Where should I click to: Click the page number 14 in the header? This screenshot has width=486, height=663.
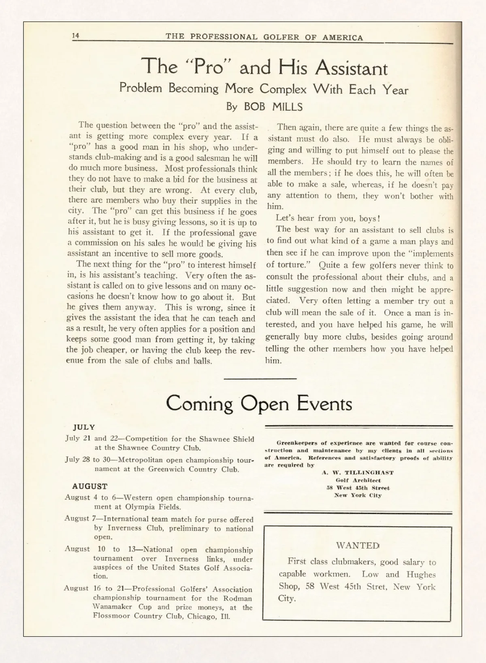point(75,36)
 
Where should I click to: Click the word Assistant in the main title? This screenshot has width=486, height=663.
point(351,68)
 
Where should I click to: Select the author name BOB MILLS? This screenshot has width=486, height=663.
point(273,106)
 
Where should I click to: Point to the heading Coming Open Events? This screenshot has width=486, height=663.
point(259,403)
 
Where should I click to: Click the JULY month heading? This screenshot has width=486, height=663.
point(84,427)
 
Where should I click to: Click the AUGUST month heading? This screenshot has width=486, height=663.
point(90,486)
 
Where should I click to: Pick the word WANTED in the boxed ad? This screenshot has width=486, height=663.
point(357,545)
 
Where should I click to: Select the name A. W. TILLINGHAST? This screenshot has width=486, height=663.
point(358,472)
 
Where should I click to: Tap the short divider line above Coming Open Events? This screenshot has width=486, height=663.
point(260,378)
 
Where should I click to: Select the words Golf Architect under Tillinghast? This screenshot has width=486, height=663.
point(358,480)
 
